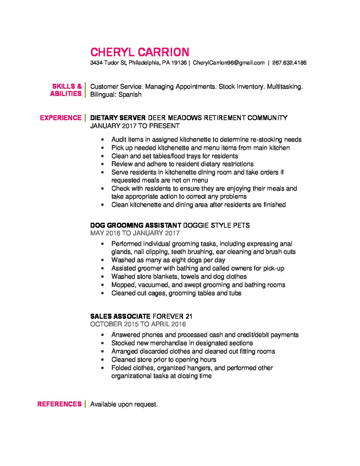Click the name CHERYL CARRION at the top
tap(140, 52)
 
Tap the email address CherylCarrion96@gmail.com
tap(229, 63)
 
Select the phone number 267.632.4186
tap(289, 63)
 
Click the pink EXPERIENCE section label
tap(61, 118)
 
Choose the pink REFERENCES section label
tap(59, 404)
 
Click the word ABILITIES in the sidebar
tap(66, 94)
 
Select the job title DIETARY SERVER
tap(118, 118)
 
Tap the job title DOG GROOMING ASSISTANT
tap(136, 225)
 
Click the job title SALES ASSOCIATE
tap(120, 316)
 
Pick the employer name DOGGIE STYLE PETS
tap(216, 225)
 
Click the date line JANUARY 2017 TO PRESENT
tap(135, 126)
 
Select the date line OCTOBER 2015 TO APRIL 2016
tap(138, 324)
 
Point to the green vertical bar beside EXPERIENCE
tap(85, 118)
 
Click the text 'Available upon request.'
tap(124, 404)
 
